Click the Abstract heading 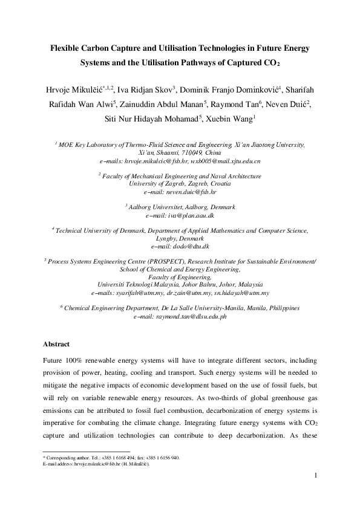56,344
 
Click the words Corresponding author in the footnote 64,458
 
